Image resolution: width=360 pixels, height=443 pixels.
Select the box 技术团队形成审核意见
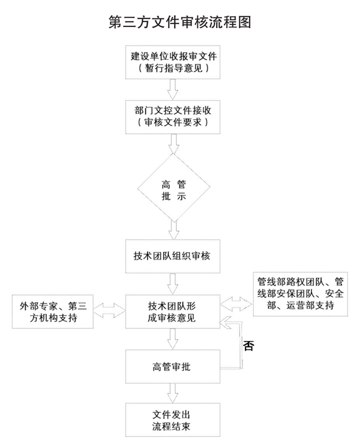pos(173,311)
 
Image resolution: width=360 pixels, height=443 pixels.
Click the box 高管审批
pos(173,365)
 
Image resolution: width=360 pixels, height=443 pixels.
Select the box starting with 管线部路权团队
pos(300,294)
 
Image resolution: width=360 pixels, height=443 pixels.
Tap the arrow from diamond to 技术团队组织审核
pos(173,228)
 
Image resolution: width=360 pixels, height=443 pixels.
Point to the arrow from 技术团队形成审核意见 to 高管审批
pos(173,338)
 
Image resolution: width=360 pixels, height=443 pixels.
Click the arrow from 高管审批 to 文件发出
pos(173,392)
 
